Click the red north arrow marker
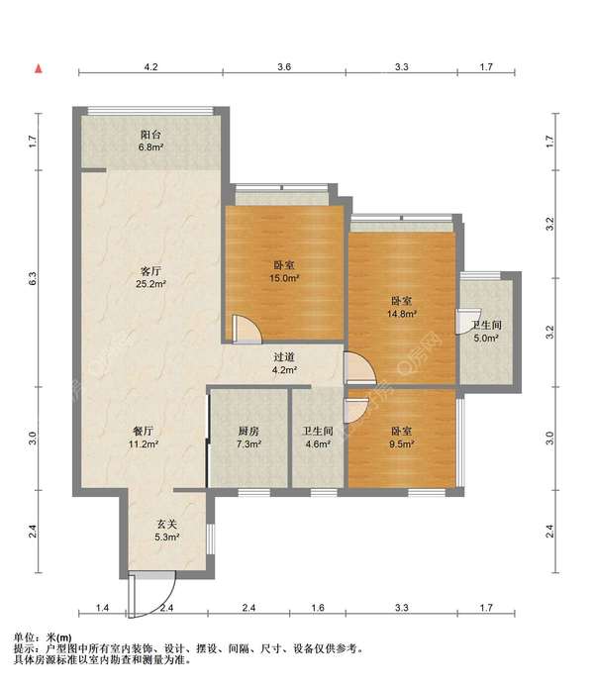coord(39,68)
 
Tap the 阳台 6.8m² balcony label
coord(150,141)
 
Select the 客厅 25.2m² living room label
coord(150,277)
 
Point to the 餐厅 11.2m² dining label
coord(143,438)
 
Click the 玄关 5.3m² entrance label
coord(167,530)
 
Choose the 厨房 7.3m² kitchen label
coord(248,438)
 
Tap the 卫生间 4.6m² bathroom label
coord(318,438)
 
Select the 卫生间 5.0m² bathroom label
coord(486,332)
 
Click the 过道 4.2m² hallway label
coord(284,363)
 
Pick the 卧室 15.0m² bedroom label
coord(284,271)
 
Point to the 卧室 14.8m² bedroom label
coord(401,307)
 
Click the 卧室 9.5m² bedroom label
coord(402,438)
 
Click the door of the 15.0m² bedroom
coord(247,328)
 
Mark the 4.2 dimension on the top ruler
coord(150,67)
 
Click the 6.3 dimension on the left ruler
coord(33,278)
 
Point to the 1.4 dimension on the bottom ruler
coord(102,608)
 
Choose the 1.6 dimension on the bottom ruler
coord(318,608)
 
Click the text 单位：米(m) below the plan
coord(43,637)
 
